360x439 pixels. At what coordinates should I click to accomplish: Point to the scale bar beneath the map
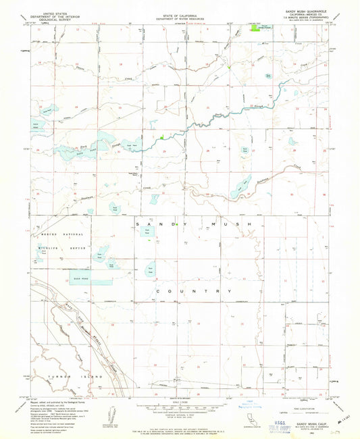[179, 407]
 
